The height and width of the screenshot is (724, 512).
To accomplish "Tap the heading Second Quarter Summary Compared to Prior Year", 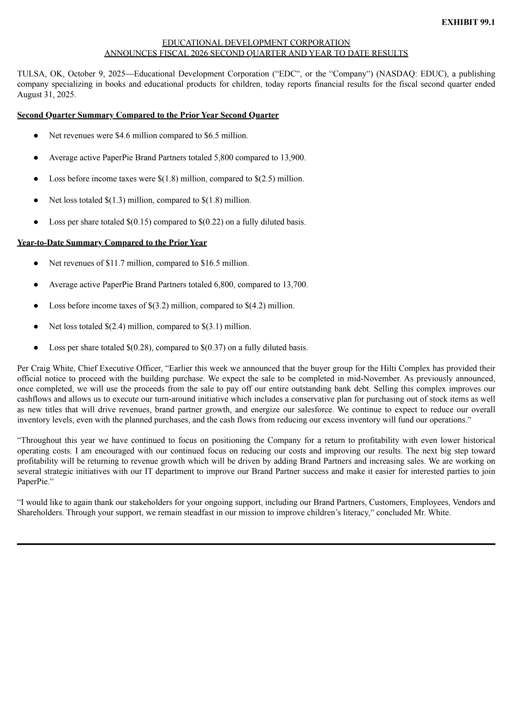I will pos(148,115).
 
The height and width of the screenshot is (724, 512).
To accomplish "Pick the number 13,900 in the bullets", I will pos(293,157).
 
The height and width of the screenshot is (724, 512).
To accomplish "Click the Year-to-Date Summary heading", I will pos(112,243).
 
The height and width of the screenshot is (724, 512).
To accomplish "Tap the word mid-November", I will pos(379,379).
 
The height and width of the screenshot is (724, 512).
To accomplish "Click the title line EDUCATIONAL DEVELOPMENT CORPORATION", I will pos(256,43).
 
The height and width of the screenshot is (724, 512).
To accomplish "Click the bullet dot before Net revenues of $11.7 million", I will pos(36,263).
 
